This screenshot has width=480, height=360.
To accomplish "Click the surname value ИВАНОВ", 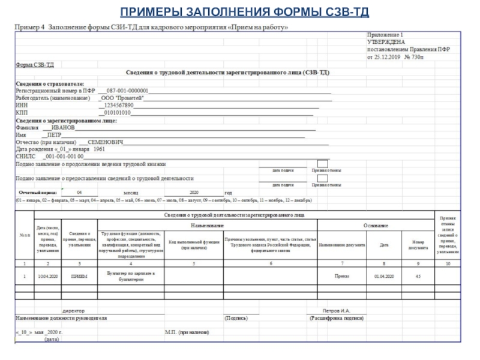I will pos(63,128).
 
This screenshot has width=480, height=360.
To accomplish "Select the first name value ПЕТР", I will pos(55,135).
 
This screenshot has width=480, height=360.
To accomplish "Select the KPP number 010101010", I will pos(118,112).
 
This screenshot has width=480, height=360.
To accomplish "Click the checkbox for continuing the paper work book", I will pos(323,164).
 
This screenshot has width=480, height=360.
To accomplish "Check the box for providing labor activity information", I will pos(323,178).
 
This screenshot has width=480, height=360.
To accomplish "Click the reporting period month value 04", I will pos(79,192).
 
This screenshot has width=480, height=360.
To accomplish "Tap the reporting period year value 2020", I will pos(194,192).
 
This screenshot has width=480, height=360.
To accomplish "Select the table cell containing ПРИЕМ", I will pos(79,276).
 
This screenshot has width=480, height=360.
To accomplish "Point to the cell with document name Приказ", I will pos(342,276).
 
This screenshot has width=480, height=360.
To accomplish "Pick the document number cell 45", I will pos(418,276).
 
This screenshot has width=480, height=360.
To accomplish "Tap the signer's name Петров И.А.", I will pos(337,311).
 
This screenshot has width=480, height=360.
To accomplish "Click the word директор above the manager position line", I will pos(74,311).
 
